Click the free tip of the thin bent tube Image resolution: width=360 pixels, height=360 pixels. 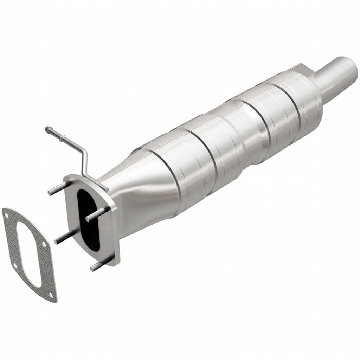pyautogui.click(x=47, y=129)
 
